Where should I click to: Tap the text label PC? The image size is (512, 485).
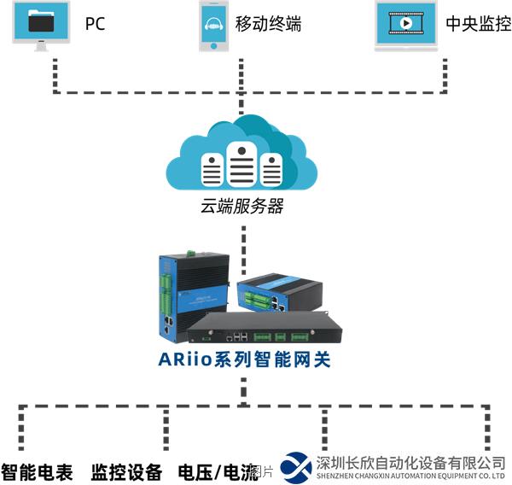pos(96,24)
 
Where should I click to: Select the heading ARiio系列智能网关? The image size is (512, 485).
pos(244,359)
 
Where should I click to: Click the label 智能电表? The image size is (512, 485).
pos(38,471)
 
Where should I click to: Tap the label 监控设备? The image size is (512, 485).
pos(126,471)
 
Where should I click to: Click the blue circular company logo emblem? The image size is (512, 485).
pos(296,467)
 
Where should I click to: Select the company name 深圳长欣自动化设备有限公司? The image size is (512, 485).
pos(410,462)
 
